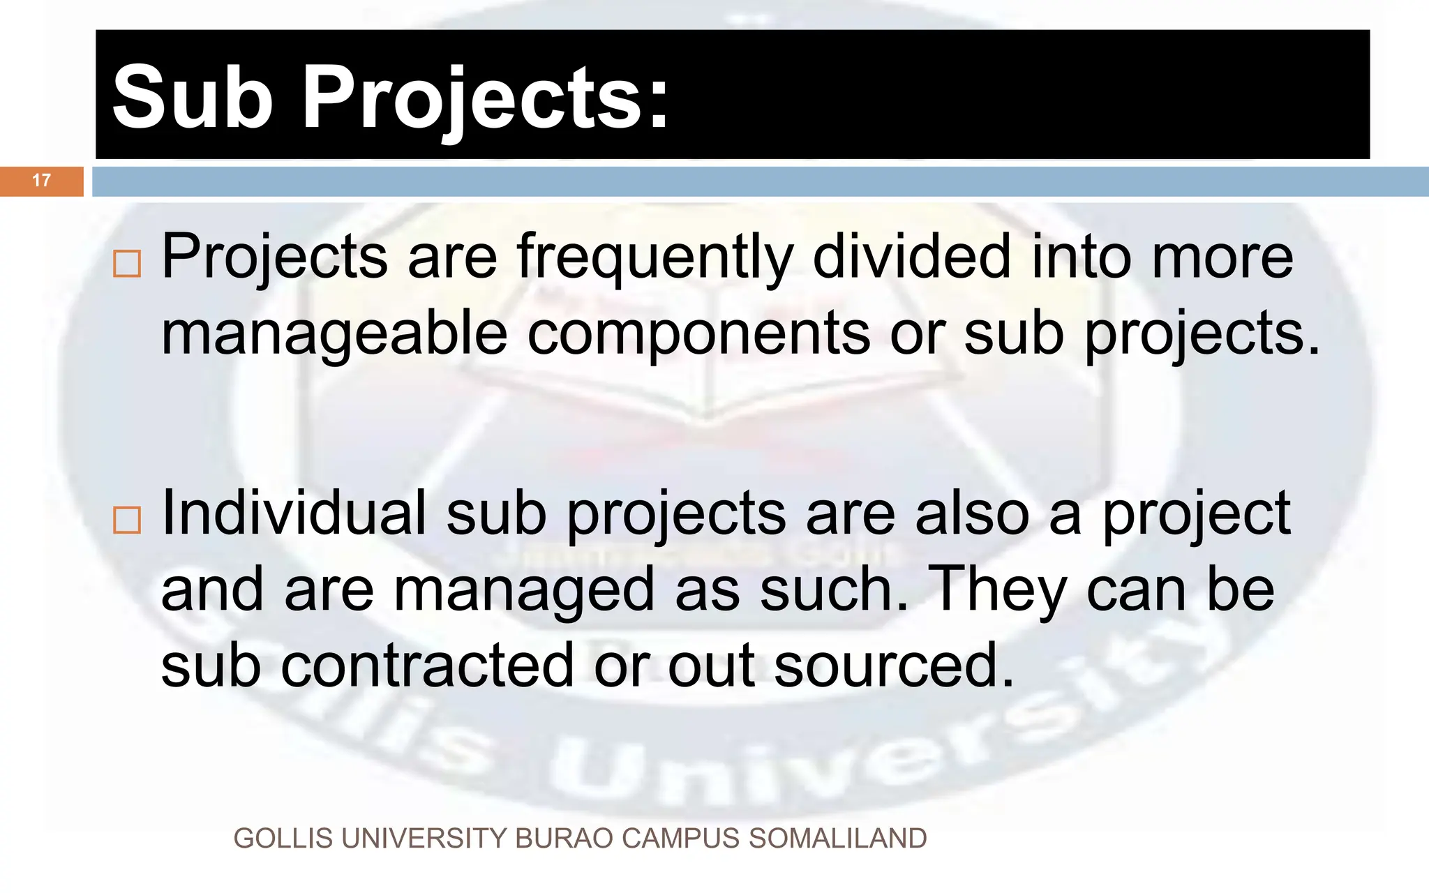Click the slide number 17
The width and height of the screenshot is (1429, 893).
tap(41, 181)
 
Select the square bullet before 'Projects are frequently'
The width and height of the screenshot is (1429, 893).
tap(127, 264)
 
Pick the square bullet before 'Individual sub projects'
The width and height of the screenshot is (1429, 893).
tap(127, 520)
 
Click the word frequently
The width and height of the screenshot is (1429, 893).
tap(654, 258)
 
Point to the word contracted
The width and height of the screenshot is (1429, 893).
tap(427, 666)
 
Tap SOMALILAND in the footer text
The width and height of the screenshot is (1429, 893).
tap(837, 839)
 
